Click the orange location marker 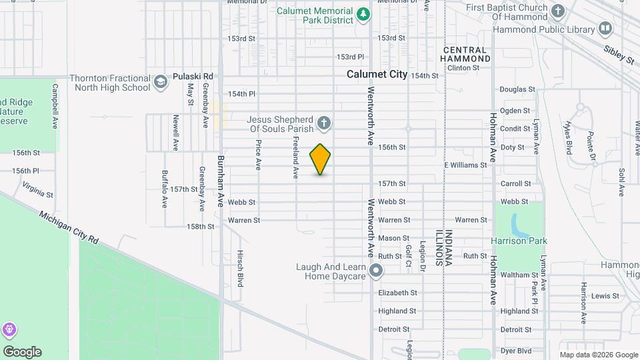(321, 159)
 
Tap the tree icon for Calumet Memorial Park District (363, 14)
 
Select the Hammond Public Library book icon (605, 29)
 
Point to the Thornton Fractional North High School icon (160, 82)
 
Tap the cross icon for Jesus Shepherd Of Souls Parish (324, 123)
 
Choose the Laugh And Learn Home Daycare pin (376, 271)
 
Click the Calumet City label (377, 75)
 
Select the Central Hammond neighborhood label (467, 55)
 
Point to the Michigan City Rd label (69, 228)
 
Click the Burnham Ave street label (221, 181)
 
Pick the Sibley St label (619, 55)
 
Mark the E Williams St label (466, 165)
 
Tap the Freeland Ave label (295, 157)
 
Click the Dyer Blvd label (515, 350)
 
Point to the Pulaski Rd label (193, 77)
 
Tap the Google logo (22, 352)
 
